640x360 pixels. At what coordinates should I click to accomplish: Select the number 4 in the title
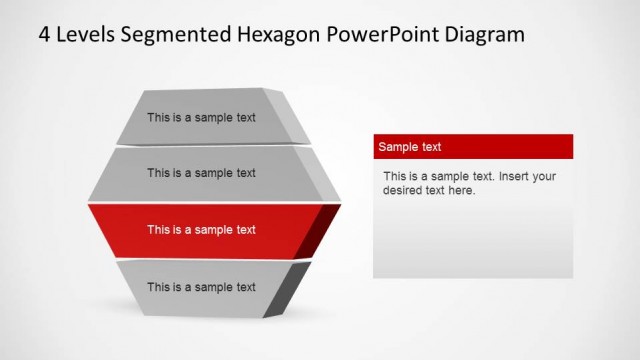(44, 35)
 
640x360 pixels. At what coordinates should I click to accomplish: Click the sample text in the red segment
(201, 230)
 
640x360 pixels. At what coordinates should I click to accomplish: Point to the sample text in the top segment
(201, 117)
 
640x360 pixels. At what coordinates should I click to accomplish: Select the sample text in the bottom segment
(201, 287)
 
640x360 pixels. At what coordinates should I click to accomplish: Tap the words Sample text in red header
(409, 147)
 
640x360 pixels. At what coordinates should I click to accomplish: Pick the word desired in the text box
(404, 190)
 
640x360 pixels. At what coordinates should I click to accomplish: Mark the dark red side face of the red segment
(322, 230)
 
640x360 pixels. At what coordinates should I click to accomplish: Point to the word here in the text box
(461, 190)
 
